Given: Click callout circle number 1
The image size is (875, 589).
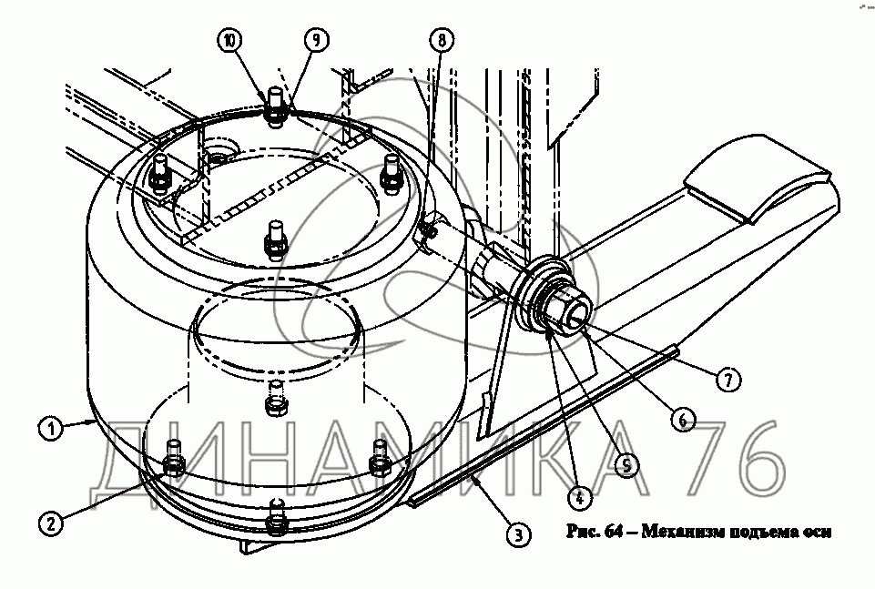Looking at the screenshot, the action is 51,429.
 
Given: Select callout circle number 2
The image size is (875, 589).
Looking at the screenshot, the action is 51,523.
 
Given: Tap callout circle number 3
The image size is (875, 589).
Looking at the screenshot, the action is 519,535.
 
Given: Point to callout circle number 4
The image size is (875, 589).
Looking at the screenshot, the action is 580,496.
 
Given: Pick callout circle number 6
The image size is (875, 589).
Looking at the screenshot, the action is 683,419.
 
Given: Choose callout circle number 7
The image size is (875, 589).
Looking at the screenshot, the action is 728,380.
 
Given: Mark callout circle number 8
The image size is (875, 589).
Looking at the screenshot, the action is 442,40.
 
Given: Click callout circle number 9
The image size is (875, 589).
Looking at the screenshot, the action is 317,40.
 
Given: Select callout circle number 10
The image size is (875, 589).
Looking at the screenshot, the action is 230,40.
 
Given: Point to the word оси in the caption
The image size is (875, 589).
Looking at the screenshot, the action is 819,533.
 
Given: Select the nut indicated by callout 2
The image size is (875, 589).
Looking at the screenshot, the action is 174,463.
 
